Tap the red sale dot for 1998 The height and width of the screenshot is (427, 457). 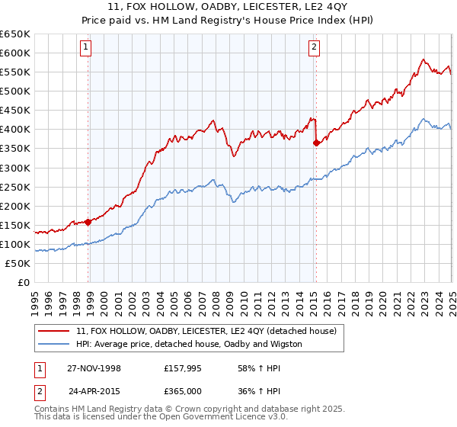88,222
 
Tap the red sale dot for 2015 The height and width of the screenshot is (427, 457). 316,142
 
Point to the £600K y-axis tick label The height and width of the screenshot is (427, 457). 15,53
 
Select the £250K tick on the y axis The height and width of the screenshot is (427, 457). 15,187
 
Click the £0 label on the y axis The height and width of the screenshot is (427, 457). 23,283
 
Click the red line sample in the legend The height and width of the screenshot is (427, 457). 53,331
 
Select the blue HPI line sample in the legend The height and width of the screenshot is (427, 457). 53,344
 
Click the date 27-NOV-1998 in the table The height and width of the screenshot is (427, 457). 94,368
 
